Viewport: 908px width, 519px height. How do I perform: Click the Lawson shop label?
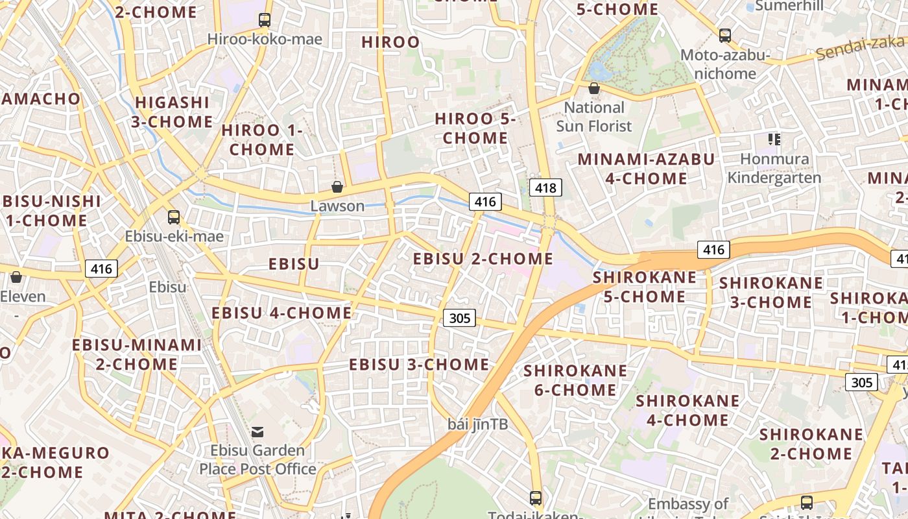point(337,206)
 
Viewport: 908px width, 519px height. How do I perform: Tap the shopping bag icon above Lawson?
point(337,187)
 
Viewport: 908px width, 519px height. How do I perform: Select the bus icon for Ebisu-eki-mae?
point(174,217)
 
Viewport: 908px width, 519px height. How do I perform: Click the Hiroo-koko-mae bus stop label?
point(265,39)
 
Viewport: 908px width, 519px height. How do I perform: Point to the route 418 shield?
point(545,188)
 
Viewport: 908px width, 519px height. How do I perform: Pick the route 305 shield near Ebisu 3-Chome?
point(460,318)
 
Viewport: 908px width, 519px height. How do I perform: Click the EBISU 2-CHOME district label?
point(483,259)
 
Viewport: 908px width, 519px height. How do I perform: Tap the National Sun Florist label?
point(593,116)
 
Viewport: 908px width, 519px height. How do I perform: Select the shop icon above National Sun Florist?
point(593,88)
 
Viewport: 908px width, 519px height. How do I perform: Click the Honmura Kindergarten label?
point(774,168)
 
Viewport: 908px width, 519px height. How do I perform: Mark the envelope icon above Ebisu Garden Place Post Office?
point(257,432)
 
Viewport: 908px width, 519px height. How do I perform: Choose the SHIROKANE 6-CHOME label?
point(575,380)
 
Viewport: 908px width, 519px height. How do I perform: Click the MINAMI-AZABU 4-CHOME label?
point(646,169)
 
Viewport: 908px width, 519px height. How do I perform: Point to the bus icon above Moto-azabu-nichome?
point(725,36)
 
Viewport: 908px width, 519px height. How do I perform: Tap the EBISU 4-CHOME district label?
point(281,313)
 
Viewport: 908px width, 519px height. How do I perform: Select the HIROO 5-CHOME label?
point(475,128)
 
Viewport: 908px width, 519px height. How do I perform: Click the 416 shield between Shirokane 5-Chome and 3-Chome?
point(713,249)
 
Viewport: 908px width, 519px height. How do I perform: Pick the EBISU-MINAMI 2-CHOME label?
point(137,354)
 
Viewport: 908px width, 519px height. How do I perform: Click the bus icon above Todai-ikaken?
point(536,498)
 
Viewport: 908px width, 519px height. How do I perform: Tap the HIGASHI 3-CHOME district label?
point(172,112)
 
